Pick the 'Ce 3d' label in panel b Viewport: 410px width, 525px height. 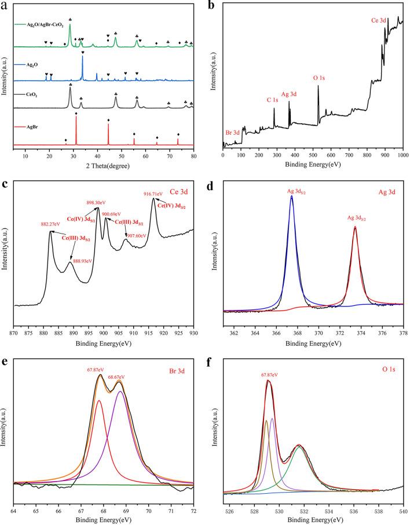[381, 20]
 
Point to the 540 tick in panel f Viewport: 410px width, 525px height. [403, 511]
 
